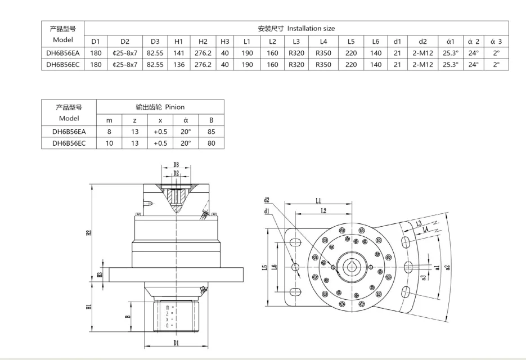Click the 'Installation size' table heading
click(311, 28)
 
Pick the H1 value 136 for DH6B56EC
click(179, 65)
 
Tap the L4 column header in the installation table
click(323, 41)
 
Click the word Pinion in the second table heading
click(174, 106)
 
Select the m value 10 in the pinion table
click(110, 143)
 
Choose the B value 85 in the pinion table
click(212, 131)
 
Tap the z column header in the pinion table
click(134, 119)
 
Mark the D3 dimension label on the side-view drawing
click(176, 165)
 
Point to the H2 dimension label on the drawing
click(89, 232)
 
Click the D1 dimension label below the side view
click(176, 343)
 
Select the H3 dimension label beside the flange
click(99, 274)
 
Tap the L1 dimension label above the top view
click(318, 200)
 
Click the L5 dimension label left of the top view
click(265, 268)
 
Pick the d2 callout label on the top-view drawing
click(266, 200)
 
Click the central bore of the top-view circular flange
click(352, 267)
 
